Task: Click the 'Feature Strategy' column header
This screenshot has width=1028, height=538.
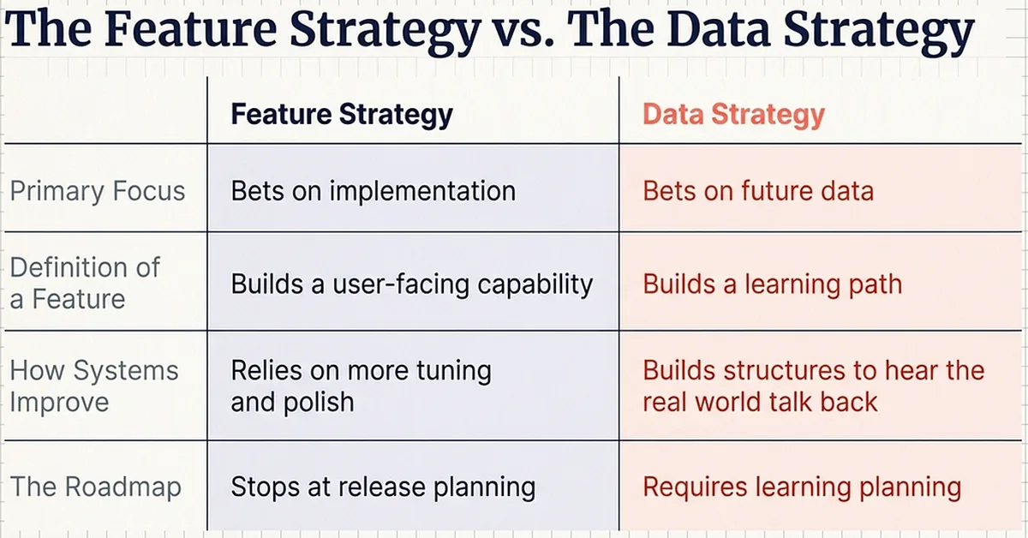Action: point(341,114)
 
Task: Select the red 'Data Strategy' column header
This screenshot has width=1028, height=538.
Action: point(733,114)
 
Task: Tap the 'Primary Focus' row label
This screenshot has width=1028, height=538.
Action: point(97,190)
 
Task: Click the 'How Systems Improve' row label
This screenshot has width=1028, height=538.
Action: point(93,386)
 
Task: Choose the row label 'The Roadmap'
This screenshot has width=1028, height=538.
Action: point(95,487)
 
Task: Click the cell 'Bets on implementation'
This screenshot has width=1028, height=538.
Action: point(374,190)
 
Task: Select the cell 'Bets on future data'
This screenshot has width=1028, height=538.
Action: point(758,190)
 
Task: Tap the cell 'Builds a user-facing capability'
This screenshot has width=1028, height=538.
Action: point(411,284)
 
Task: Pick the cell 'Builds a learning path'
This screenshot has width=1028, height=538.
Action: point(772,284)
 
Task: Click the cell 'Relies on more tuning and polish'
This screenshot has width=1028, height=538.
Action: point(361,386)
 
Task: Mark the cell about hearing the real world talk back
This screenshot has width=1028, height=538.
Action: point(813,386)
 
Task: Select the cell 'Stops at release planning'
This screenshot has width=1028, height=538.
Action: point(383,487)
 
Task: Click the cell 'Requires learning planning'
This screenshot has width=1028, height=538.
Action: point(802,487)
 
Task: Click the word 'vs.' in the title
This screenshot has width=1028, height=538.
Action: point(523,33)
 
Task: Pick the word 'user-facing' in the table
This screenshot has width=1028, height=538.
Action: point(397,284)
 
